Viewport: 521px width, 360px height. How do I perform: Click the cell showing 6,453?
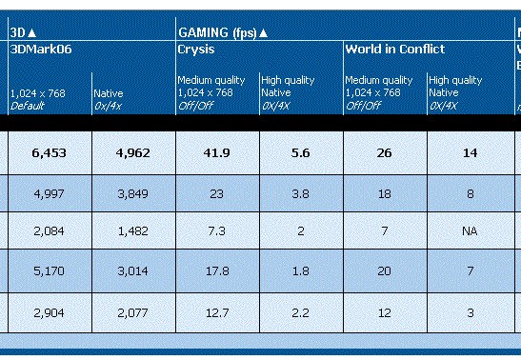[x=50, y=152]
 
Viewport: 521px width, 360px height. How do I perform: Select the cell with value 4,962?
[x=133, y=152]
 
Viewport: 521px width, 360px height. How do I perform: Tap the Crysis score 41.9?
[x=216, y=152]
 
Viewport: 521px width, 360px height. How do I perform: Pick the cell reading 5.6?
[x=300, y=152]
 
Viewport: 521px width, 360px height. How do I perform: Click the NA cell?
[x=470, y=230]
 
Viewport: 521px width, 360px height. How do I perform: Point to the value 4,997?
[x=50, y=193]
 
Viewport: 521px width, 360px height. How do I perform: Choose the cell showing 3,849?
[x=133, y=193]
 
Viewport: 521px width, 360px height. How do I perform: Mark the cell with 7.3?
[x=216, y=230]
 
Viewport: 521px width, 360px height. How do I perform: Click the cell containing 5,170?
[x=50, y=271]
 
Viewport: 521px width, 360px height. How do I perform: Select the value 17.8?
[x=217, y=271]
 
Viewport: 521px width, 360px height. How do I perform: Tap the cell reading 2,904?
[x=50, y=312]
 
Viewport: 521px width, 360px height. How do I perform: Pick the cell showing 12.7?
[x=217, y=312]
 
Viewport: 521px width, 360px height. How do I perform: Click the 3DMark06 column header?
[x=41, y=50]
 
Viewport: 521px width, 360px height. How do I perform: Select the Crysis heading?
[x=196, y=50]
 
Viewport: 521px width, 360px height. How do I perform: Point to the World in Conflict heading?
[x=395, y=50]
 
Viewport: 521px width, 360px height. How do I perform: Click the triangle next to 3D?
[x=31, y=33]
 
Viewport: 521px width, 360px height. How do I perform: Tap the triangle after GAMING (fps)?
[x=263, y=33]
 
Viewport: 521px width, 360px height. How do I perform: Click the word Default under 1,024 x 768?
[x=28, y=106]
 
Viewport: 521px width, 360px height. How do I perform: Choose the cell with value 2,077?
[x=133, y=312]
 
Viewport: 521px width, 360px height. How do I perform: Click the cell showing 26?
[x=384, y=152]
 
